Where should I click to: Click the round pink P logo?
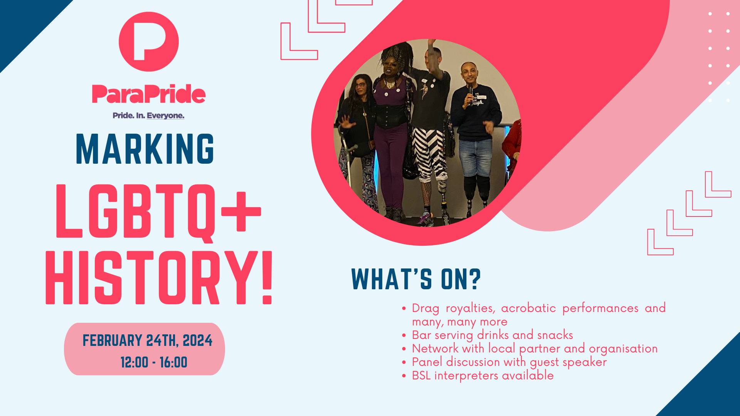(x=148, y=42)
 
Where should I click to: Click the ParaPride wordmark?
(x=148, y=94)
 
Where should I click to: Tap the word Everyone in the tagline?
(x=165, y=116)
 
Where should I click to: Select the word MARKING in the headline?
(x=145, y=149)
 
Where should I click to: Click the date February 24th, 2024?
(x=148, y=341)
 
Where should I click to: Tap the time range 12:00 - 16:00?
(x=154, y=362)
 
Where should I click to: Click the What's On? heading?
(x=416, y=279)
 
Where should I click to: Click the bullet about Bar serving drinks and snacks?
(x=493, y=335)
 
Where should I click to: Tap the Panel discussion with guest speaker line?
(x=510, y=362)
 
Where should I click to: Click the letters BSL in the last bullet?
(x=421, y=376)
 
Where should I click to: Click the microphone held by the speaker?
(x=470, y=92)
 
